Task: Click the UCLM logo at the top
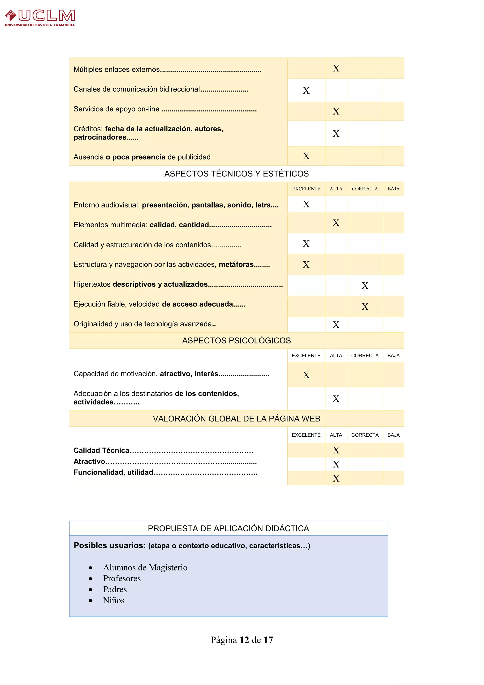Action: click(40, 18)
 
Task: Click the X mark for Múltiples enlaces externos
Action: click(336, 68)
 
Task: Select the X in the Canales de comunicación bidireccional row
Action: click(306, 90)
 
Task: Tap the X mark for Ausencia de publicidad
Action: click(306, 156)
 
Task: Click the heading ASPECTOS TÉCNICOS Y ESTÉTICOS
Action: click(236, 174)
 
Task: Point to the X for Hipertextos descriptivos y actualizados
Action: click(365, 285)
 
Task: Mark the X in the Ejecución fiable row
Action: click(365, 306)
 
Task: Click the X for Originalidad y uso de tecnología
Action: click(336, 325)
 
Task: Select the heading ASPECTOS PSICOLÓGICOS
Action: click(236, 340)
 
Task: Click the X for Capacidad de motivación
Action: click(306, 375)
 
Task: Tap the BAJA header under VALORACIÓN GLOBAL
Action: click(393, 435)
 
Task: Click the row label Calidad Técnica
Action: click(101, 451)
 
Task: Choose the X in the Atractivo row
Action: click(336, 464)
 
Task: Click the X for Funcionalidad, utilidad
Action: click(336, 478)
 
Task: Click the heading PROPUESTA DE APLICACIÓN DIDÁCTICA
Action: click(228, 528)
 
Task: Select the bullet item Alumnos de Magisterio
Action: click(145, 567)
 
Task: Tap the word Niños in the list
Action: click(113, 600)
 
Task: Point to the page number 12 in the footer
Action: click(244, 640)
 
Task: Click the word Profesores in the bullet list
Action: click(122, 579)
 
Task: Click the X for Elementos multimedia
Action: click(336, 223)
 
